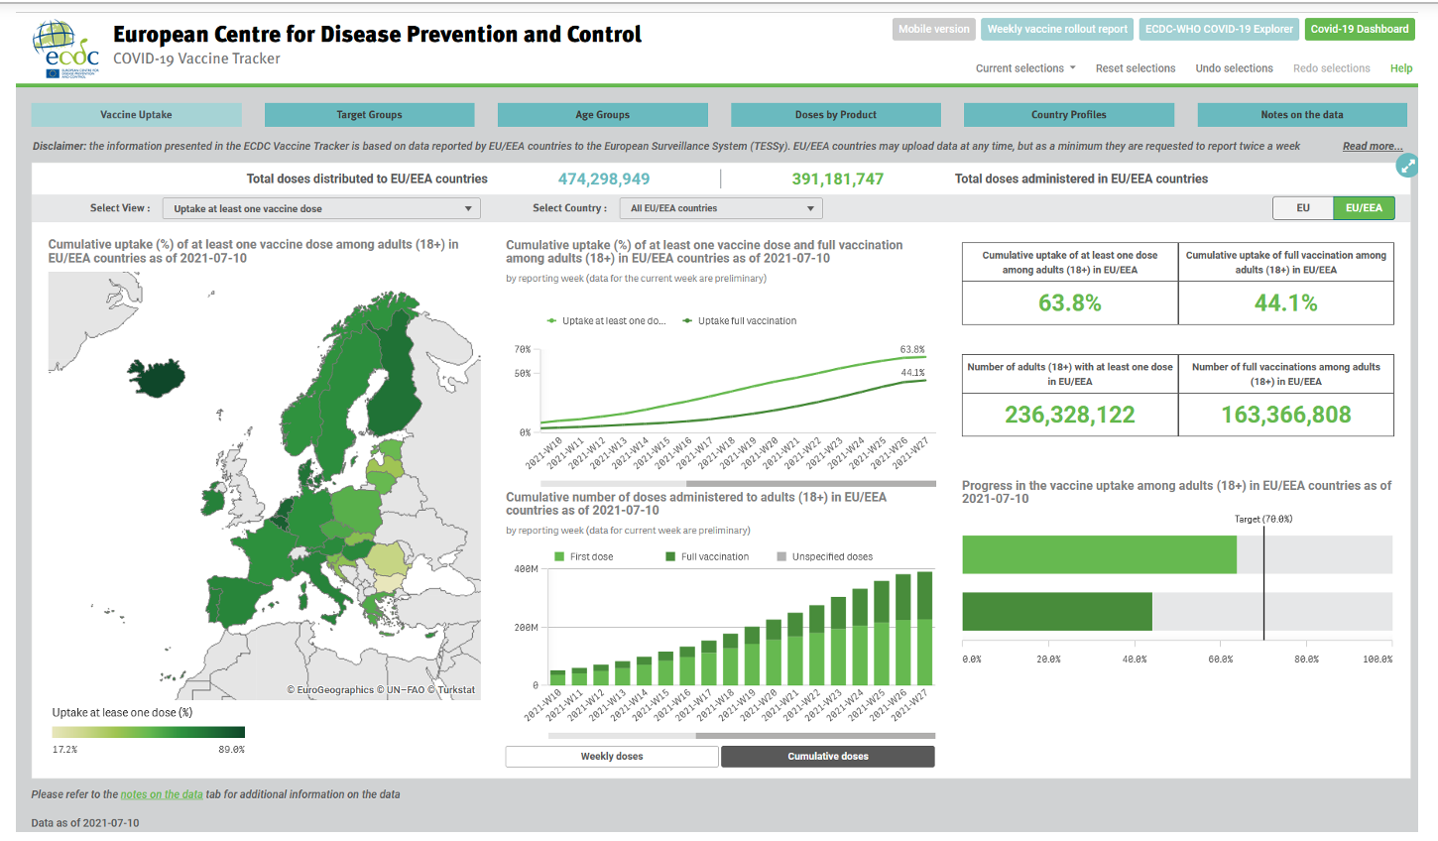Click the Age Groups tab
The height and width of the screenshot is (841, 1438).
click(x=602, y=115)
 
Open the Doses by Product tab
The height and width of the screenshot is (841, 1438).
click(x=835, y=115)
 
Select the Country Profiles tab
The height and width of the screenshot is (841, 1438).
click(x=1068, y=115)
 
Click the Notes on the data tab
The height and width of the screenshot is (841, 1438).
click(x=1301, y=115)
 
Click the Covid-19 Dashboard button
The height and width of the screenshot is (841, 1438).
click(x=1359, y=29)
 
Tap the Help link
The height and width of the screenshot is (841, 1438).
click(x=1400, y=68)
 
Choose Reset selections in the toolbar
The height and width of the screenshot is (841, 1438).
click(x=1135, y=68)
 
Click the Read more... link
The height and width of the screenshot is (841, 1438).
click(x=1372, y=146)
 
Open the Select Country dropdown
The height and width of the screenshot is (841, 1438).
click(x=722, y=208)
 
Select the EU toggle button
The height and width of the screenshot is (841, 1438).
click(x=1302, y=208)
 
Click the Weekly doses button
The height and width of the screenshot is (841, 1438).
click(x=611, y=757)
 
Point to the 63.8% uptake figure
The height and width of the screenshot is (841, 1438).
click(x=1069, y=303)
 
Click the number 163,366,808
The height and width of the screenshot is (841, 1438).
click(x=1285, y=415)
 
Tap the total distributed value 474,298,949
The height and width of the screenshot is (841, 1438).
click(x=603, y=180)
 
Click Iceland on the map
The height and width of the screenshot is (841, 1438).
click(x=159, y=378)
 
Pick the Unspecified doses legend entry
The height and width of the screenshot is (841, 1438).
click(x=831, y=557)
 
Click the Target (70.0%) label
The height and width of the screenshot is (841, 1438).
click(x=1262, y=519)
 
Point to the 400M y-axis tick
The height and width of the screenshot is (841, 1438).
click(x=526, y=569)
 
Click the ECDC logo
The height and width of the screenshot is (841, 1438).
click(x=66, y=50)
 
